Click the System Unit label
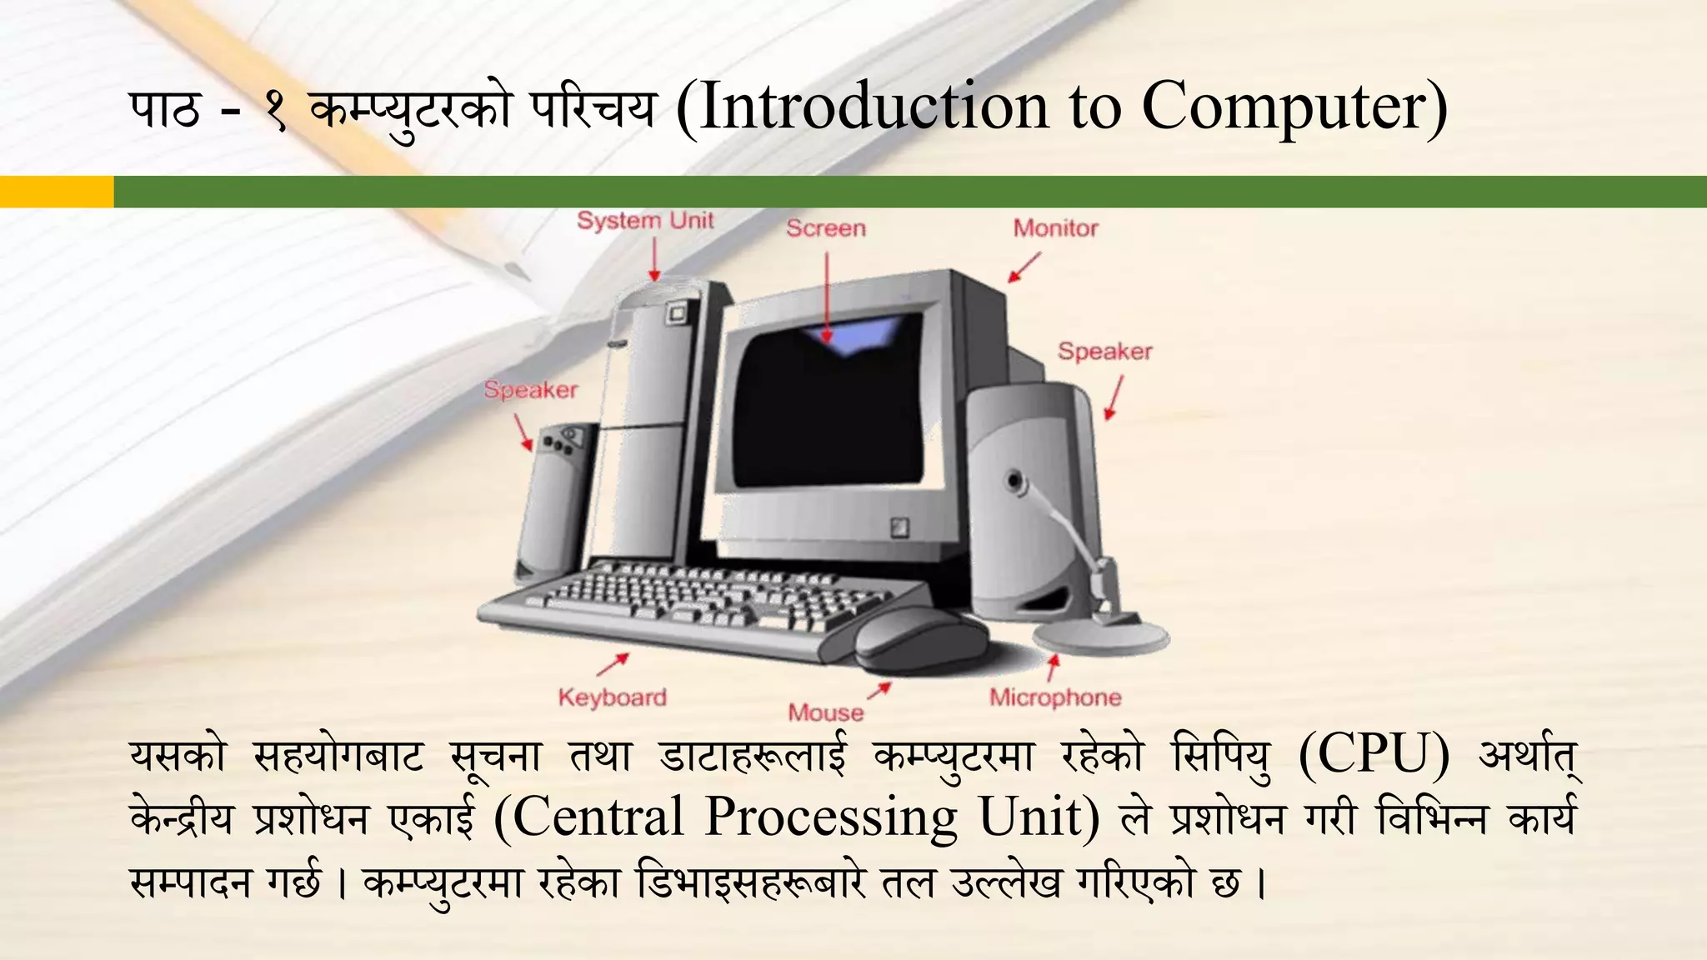[645, 221]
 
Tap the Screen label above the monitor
[825, 228]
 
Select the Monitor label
[1055, 228]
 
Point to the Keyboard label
[613, 697]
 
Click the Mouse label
[826, 712]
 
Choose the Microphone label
[1055, 697]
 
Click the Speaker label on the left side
[531, 390]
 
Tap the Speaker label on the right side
[1105, 352]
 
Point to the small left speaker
[554, 500]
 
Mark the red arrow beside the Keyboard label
[613, 664]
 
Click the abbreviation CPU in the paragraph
[1374, 755]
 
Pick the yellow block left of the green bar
[57, 192]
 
